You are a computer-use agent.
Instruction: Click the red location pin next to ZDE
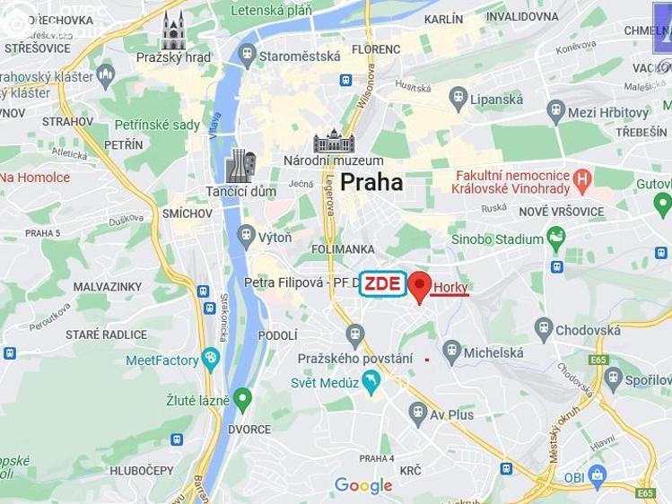(x=419, y=286)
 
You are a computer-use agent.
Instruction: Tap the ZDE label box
(x=382, y=284)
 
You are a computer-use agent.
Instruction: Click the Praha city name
(x=371, y=182)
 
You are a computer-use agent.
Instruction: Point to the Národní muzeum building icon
(x=334, y=142)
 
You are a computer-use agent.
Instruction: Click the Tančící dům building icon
(x=240, y=166)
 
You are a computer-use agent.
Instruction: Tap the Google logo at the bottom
(x=363, y=485)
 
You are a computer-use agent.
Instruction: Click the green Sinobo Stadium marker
(x=556, y=239)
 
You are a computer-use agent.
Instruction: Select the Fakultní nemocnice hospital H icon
(x=582, y=180)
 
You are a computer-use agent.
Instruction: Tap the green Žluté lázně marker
(x=242, y=399)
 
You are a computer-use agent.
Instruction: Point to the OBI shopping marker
(x=598, y=476)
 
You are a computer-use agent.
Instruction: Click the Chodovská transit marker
(x=544, y=329)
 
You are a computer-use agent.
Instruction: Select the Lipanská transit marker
(x=458, y=99)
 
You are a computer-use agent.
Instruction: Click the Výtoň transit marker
(x=247, y=237)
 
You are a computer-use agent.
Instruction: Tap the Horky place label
(x=450, y=287)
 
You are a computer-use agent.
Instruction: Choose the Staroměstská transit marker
(x=248, y=56)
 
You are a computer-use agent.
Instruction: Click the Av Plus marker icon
(x=418, y=414)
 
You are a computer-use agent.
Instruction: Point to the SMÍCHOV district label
(x=188, y=213)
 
